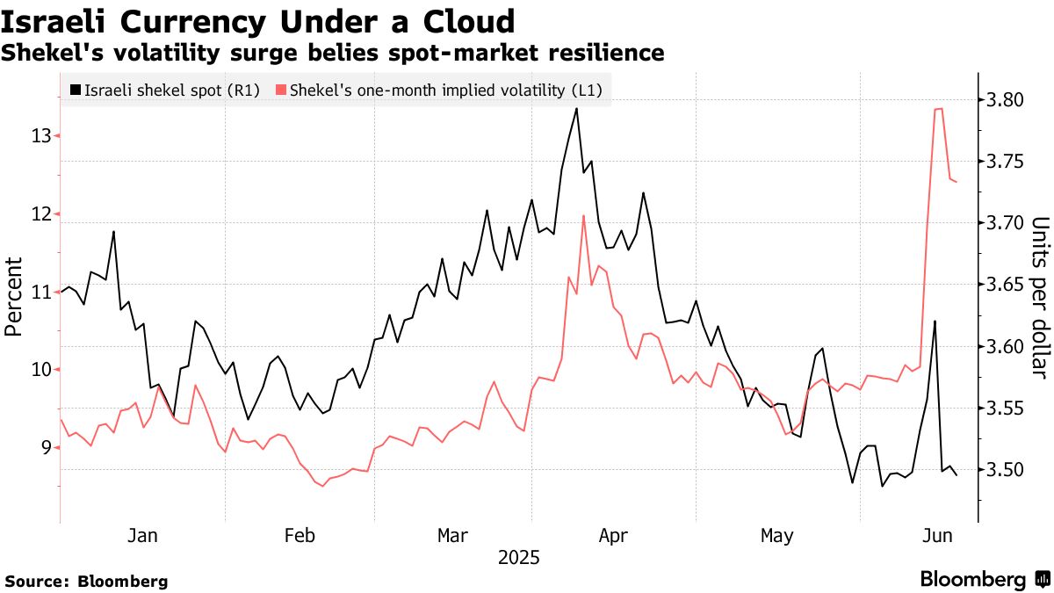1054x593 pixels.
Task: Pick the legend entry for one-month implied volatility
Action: [440, 90]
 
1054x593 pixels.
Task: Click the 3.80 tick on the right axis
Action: [1005, 100]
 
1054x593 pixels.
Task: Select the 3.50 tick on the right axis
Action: [1005, 470]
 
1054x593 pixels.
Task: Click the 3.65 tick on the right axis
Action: [1005, 285]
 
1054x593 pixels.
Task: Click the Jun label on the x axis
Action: [932, 536]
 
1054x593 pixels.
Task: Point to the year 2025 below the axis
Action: [519, 558]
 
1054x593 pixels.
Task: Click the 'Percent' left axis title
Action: [13, 296]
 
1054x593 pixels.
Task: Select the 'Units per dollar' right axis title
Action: [1040, 298]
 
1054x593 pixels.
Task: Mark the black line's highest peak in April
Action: [576, 108]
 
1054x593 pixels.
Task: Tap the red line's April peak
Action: [583, 215]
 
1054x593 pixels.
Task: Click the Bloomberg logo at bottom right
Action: [984, 580]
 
